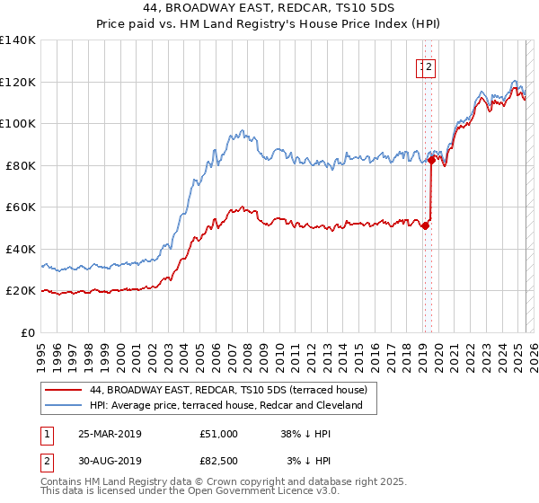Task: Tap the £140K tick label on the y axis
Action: (19, 40)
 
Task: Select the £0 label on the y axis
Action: (28, 332)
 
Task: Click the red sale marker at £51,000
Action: (425, 226)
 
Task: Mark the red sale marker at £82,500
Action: (432, 161)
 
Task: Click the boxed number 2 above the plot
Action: (429, 66)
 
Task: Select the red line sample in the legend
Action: (62, 391)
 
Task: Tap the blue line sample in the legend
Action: (62, 406)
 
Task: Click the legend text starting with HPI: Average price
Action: (225, 406)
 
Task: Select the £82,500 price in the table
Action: (219, 461)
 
